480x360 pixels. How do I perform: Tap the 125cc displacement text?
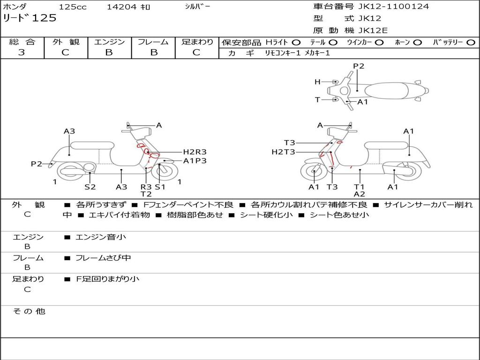pyautogui.click(x=71, y=7)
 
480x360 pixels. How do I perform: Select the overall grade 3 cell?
pyautogui.click(x=22, y=52)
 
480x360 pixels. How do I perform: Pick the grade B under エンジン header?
pyautogui.click(x=109, y=52)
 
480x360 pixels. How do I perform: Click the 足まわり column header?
pyautogui.click(x=197, y=42)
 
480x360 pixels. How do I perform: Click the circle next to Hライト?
pyautogui.click(x=296, y=43)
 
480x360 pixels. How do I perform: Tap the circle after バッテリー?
pyautogui.click(x=470, y=43)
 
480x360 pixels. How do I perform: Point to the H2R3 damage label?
pyautogui.click(x=195, y=152)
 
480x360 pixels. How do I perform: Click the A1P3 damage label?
pyautogui.click(x=195, y=161)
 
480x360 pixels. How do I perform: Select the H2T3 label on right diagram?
pyautogui.click(x=283, y=152)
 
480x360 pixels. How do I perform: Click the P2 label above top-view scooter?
pyautogui.click(x=359, y=66)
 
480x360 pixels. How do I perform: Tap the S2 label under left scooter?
pyautogui.click(x=90, y=187)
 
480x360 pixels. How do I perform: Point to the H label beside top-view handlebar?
pyautogui.click(x=317, y=82)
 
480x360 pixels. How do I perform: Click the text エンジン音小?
pyautogui.click(x=100, y=237)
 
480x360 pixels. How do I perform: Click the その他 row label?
pyautogui.click(x=29, y=311)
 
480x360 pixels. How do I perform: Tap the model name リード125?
pyautogui.click(x=30, y=18)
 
